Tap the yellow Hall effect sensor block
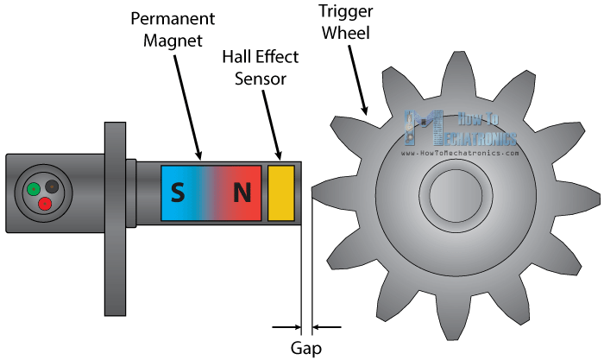tap(281, 192)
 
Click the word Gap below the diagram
tap(305, 348)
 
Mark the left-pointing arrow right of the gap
tap(327, 327)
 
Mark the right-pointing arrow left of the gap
tap(285, 327)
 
